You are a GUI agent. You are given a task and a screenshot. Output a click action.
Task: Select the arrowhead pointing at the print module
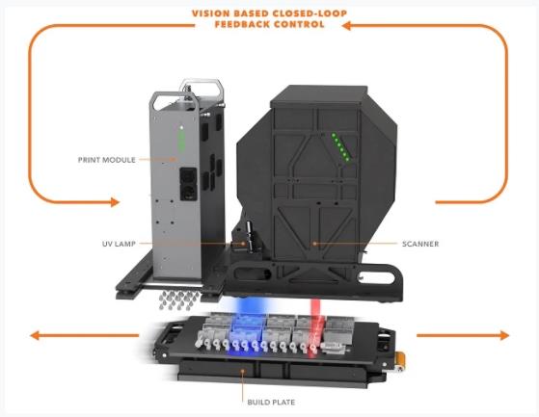click(114, 202)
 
